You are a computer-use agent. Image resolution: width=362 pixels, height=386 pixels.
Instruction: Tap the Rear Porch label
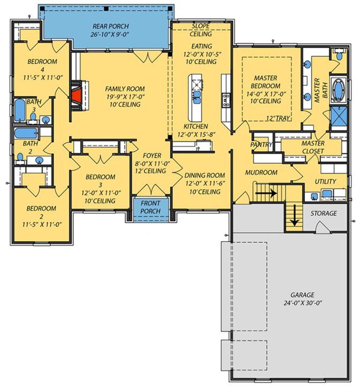111,26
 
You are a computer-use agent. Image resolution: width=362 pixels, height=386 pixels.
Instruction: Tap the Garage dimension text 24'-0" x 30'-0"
303,303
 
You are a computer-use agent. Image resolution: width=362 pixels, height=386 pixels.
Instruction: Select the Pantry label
261,145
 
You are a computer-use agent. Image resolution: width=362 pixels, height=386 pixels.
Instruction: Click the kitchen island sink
197,97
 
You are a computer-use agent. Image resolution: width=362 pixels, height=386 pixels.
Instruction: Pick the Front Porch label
150,207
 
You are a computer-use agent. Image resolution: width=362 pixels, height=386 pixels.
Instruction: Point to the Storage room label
324,213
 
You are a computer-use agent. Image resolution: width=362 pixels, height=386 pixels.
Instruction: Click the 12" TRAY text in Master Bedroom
278,118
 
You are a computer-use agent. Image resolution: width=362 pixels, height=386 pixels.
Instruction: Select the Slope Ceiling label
201,30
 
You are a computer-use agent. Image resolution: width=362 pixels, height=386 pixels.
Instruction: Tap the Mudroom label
261,172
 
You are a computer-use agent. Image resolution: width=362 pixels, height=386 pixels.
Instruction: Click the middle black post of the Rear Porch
106,9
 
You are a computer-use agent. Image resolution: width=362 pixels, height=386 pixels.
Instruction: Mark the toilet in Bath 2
20,157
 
